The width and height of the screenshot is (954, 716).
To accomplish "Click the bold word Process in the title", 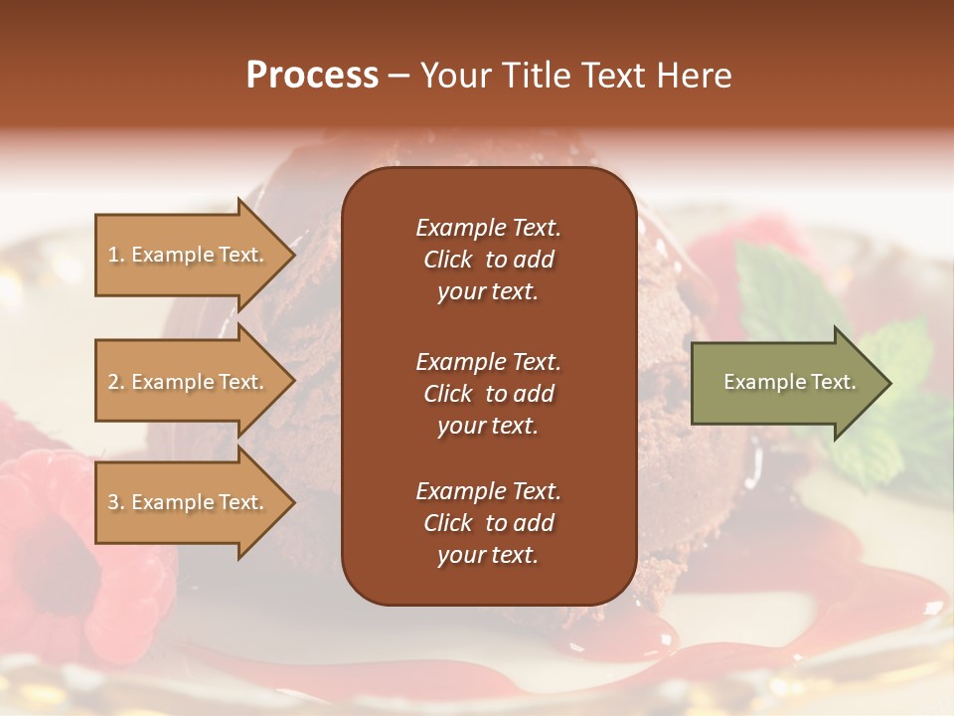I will pyautogui.click(x=312, y=76).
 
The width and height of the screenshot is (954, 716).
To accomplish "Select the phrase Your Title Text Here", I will pyautogui.click(x=575, y=76).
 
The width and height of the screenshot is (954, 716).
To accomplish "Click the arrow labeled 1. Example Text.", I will pyautogui.click(x=189, y=255).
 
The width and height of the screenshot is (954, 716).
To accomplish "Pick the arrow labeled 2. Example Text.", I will pyautogui.click(x=189, y=382).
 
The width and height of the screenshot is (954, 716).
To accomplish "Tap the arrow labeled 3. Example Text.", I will pyautogui.click(x=189, y=502).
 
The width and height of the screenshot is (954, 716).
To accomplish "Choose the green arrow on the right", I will pyautogui.click(x=785, y=383).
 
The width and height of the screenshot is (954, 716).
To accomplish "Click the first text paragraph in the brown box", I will pyautogui.click(x=488, y=260).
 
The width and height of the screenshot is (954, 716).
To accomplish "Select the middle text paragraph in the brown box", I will pyautogui.click(x=488, y=394).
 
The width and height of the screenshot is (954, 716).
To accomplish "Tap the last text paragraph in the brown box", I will pyautogui.click(x=488, y=523).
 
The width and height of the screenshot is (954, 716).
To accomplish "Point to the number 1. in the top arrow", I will pyautogui.click(x=116, y=255).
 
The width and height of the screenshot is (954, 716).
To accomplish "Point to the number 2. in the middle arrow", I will pyautogui.click(x=116, y=382).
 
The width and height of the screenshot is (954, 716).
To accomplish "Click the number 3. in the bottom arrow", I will pyautogui.click(x=116, y=502).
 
